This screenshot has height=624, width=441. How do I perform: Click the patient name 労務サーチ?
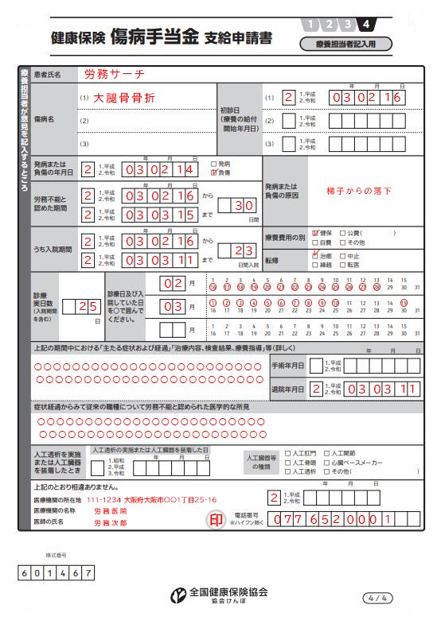pyautogui.click(x=115, y=75)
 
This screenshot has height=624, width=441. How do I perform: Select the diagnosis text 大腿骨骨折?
pyautogui.click(x=124, y=98)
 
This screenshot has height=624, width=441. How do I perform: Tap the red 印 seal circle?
pyautogui.click(x=216, y=519)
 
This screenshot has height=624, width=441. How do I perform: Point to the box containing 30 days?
pyautogui.click(x=237, y=205)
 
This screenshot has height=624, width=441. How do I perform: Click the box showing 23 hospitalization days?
pyautogui.click(x=237, y=250)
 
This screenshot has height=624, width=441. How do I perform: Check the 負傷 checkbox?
pyautogui.click(x=213, y=172)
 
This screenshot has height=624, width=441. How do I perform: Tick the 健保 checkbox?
pyautogui.click(x=316, y=233)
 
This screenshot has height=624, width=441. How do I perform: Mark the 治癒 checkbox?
pyautogui.click(x=316, y=257)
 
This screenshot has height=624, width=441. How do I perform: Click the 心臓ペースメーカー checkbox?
pyautogui.click(x=326, y=462)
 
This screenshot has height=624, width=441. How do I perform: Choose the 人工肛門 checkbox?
pyautogui.click(x=287, y=452)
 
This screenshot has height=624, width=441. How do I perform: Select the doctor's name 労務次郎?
pyautogui.click(x=111, y=523)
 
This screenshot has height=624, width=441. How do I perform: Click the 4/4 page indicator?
pyautogui.click(x=377, y=597)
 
